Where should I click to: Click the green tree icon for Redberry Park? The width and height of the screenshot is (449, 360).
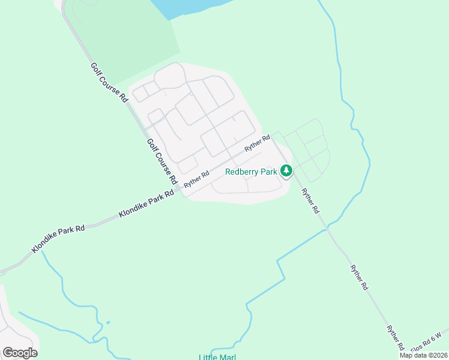(x=287, y=171)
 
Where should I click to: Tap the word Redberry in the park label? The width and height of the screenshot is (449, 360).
(x=243, y=172)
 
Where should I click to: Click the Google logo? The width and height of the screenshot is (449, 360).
(x=20, y=352)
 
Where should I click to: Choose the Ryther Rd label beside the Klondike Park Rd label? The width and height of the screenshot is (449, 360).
(x=196, y=179)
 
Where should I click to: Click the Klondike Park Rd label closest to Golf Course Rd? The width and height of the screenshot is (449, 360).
(x=146, y=203)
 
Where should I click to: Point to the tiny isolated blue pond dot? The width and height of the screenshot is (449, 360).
(x=108, y=323)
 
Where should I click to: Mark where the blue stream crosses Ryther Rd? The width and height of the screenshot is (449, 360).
(x=327, y=229)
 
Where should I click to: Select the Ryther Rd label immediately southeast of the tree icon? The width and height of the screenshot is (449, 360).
(x=310, y=202)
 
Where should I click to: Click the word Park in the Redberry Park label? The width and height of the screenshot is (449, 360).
(x=269, y=172)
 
